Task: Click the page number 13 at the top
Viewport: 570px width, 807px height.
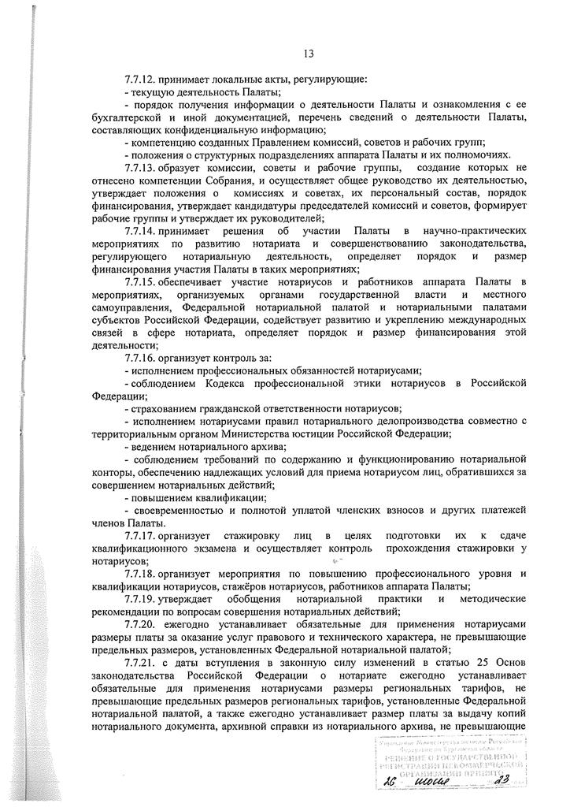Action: point(309,54)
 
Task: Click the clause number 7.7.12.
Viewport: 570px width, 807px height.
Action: point(139,80)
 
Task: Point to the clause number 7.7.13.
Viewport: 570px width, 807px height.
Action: point(139,169)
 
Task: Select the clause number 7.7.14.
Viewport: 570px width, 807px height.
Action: point(139,230)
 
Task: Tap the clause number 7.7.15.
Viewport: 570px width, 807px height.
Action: point(139,281)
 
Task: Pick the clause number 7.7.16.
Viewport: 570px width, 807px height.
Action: point(139,358)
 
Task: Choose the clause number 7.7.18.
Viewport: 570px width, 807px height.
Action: point(139,574)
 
